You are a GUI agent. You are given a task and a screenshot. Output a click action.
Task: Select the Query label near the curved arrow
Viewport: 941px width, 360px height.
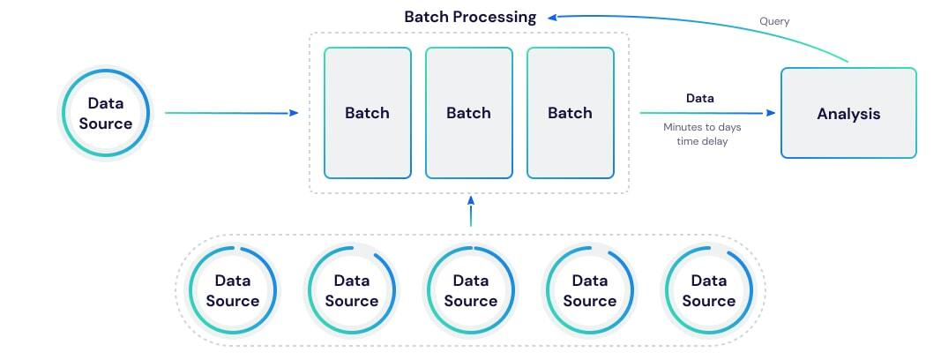pyautogui.click(x=774, y=21)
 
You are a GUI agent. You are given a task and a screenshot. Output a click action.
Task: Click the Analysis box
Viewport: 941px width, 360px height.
pyautogui.click(x=848, y=114)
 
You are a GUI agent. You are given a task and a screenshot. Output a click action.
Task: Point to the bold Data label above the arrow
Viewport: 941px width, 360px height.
pyautogui.click(x=700, y=98)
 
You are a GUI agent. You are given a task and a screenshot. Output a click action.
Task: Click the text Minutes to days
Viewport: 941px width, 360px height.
pyautogui.click(x=702, y=127)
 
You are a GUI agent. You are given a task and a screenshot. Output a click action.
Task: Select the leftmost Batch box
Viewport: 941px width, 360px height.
pyautogui.click(x=367, y=113)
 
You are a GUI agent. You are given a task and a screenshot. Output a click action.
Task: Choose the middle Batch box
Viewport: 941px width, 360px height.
pyautogui.click(x=468, y=113)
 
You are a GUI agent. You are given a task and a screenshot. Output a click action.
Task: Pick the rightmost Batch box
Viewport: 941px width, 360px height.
pyautogui.click(x=570, y=113)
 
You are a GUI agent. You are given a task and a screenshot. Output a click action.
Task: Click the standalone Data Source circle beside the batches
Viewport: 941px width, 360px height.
pyautogui.click(x=106, y=114)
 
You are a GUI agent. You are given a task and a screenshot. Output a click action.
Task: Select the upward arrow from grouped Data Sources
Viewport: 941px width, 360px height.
pyautogui.click(x=471, y=212)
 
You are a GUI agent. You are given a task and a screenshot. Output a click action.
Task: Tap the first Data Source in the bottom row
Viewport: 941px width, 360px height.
pyautogui.click(x=233, y=290)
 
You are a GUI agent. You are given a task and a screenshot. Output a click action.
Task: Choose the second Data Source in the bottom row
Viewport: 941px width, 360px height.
pyautogui.click(x=352, y=290)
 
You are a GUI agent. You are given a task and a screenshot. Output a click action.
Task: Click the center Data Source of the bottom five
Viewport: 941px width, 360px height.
pyautogui.click(x=471, y=290)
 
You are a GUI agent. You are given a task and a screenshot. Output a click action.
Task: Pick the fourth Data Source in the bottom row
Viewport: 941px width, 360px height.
pyautogui.click(x=589, y=290)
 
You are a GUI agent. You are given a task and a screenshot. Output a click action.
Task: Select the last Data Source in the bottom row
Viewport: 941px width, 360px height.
pyautogui.click(x=708, y=290)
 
